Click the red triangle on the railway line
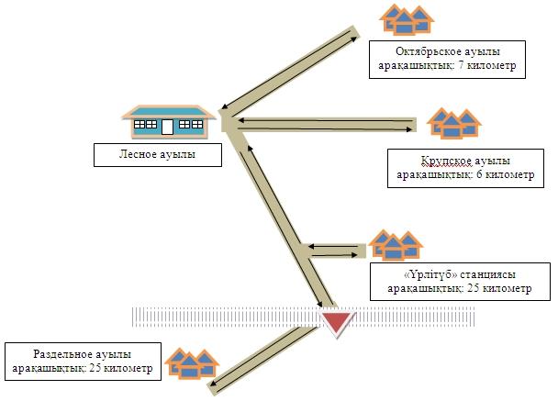click(337, 321)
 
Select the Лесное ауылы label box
click(158, 153)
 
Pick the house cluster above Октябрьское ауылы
click(407, 18)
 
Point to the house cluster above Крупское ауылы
click(456, 123)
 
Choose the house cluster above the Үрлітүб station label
click(396, 243)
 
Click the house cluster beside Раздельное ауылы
click(190, 362)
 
